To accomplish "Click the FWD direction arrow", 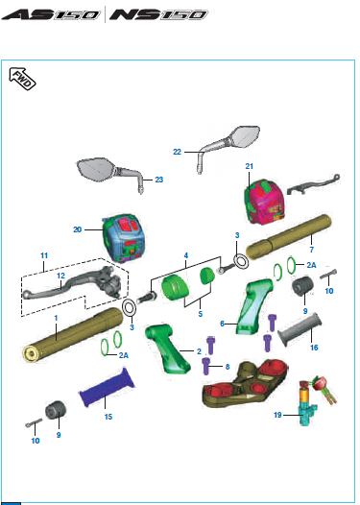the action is point(22,79).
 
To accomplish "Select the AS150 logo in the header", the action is point(52,14).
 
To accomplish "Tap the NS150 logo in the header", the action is point(158,14).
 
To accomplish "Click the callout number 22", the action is point(177,152).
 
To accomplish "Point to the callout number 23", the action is point(159,180).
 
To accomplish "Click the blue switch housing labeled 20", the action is point(124,238).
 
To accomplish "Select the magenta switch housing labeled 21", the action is point(265,202).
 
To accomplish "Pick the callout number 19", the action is point(277,415).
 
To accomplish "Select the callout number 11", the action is point(44,255).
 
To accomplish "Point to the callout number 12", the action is point(60,276).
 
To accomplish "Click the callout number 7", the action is point(312,250).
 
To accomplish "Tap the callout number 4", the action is point(186,255).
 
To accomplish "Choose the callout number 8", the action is point(228,367).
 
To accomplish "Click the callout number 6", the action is point(222,324).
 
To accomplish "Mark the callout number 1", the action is point(56,318).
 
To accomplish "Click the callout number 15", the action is point(108,417).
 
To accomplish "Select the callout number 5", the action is point(201,314).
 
